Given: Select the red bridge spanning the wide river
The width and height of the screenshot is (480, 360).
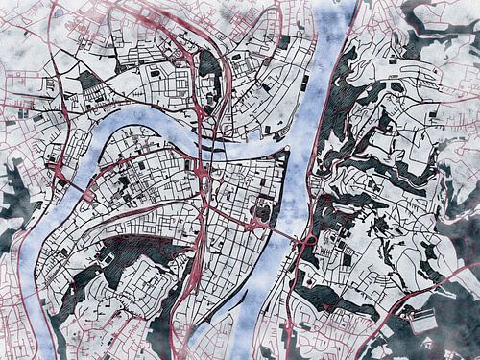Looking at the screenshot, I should click(x=287, y=233).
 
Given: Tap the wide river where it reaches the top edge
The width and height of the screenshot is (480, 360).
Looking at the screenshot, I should click(x=340, y=8).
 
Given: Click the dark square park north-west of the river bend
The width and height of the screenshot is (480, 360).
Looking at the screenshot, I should click(x=88, y=80).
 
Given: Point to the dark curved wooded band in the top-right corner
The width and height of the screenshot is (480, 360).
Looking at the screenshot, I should click(x=437, y=38).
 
